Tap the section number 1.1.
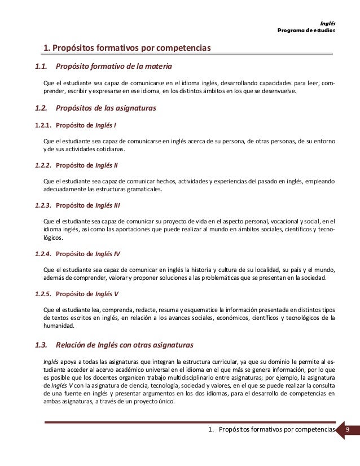pyautogui.click(x=40, y=69)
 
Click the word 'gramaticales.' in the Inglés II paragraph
pyautogui.click(x=143, y=190)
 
